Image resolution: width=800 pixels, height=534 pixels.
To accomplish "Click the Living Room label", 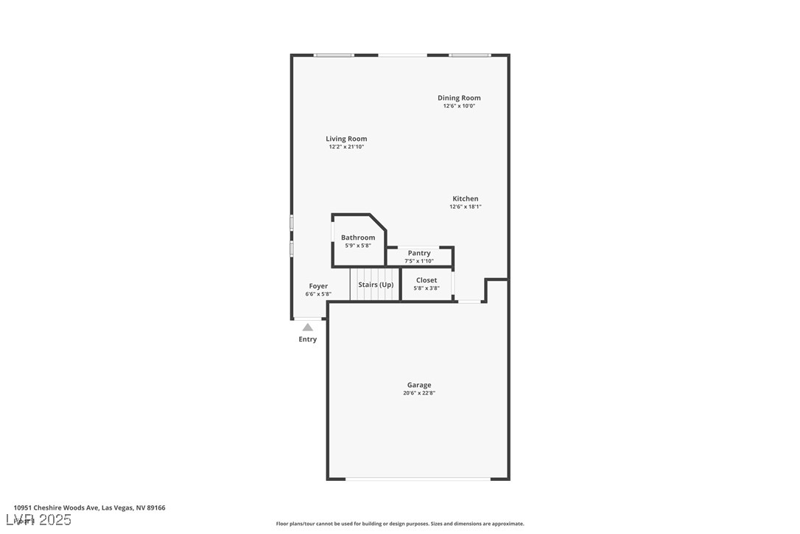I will pos(346,139).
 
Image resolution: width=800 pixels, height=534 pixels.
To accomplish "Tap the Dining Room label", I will pos(459,97).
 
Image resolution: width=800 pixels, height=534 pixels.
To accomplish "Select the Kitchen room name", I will pos(465,198).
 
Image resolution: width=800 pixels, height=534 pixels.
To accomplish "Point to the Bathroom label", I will pos(358,237).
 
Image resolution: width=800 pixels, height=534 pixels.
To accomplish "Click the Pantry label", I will pos(419,253).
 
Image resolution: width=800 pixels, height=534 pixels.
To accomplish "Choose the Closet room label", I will pos(427,280).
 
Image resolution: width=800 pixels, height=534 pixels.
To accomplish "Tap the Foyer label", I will pos(318,286).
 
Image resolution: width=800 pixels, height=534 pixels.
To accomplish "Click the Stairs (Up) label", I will pos(376,285).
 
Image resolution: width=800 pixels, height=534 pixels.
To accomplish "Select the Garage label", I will pos(419,385).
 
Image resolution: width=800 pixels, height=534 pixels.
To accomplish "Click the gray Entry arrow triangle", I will pos(308,327).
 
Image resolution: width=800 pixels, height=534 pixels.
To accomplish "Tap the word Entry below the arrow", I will pos(308,339).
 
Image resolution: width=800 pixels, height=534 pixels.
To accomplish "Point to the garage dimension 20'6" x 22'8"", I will pos(419,393).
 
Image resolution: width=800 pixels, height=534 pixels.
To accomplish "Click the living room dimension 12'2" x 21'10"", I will pos(346,147).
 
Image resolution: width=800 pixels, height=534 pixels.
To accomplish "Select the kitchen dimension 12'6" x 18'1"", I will pos(465,207).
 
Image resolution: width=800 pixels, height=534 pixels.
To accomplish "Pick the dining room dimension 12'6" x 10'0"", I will pos(459,105).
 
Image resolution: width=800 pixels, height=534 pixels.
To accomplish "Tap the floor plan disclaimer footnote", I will pos(400,524).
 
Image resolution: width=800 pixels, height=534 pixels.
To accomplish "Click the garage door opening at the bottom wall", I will pos(418,479).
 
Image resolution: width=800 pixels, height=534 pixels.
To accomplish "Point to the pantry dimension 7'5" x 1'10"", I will pos(419,261).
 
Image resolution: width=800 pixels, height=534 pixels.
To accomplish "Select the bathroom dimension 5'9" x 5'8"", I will pos(358,246).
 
